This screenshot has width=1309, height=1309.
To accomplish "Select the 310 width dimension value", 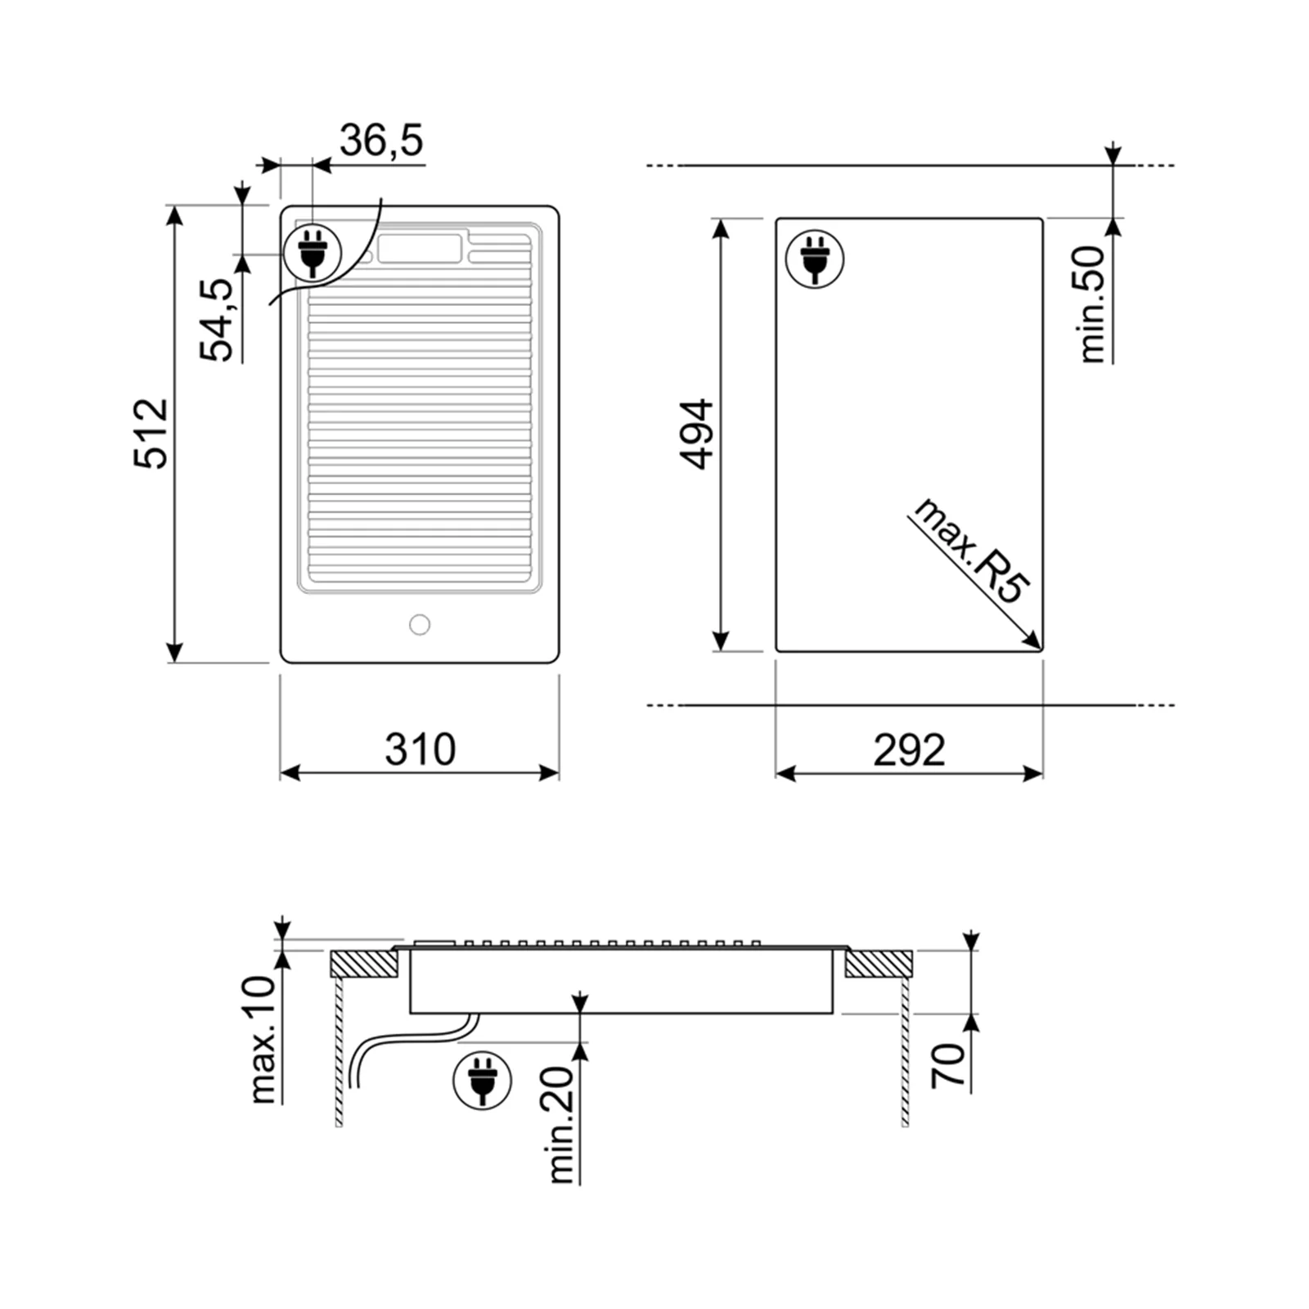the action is point(420,749).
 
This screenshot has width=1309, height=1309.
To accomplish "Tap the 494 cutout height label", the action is point(698,434).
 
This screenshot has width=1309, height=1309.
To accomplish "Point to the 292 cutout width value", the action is point(909,749).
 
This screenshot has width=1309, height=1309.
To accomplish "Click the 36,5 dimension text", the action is point(381,140).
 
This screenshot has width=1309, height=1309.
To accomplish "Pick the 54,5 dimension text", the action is point(218,319).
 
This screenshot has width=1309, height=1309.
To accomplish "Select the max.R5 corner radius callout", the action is point(971,550).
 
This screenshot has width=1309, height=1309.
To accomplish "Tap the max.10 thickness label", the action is point(263,1039).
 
